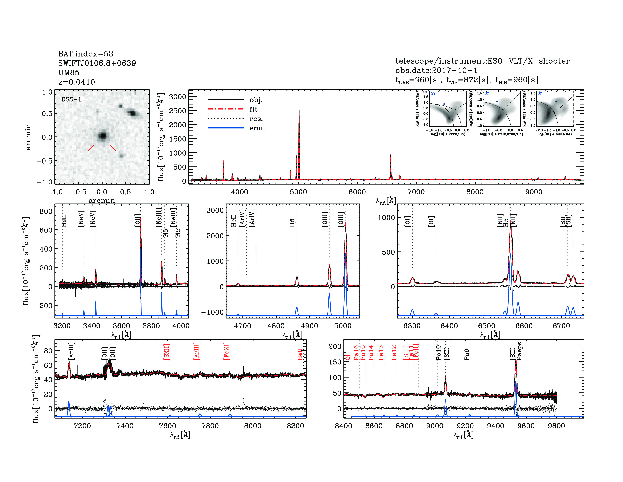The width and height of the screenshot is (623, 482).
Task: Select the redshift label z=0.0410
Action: [x=76, y=82]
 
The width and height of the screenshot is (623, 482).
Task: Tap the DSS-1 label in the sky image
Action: [x=71, y=99]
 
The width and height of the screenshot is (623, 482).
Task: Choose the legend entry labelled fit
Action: [x=253, y=109]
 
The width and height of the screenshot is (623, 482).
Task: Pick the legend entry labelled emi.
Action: [x=257, y=128]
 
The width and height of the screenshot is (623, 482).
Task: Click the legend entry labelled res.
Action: [x=256, y=119]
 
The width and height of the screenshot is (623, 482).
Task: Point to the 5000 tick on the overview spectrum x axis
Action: [x=298, y=192]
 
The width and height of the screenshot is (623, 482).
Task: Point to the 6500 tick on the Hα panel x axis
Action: [x=487, y=326]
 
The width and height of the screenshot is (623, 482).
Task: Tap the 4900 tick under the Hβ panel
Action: [x=309, y=326]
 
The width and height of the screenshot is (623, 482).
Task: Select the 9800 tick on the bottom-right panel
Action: [x=557, y=426]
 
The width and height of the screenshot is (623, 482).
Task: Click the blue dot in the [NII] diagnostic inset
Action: [x=444, y=104]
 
